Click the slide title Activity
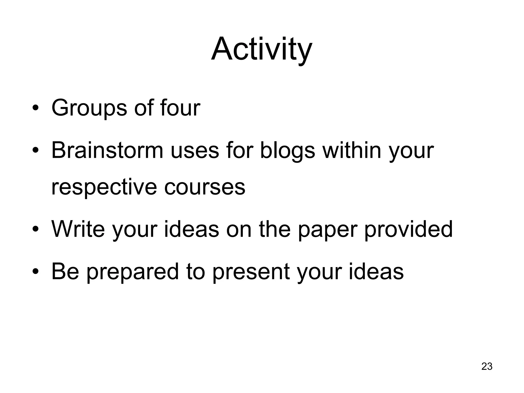tap(261, 49)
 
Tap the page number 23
tap(487, 366)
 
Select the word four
tap(180, 107)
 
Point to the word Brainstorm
tap(107, 150)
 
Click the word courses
tap(205, 187)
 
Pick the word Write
tap(78, 229)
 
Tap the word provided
tap(408, 230)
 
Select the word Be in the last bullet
tap(65, 271)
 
